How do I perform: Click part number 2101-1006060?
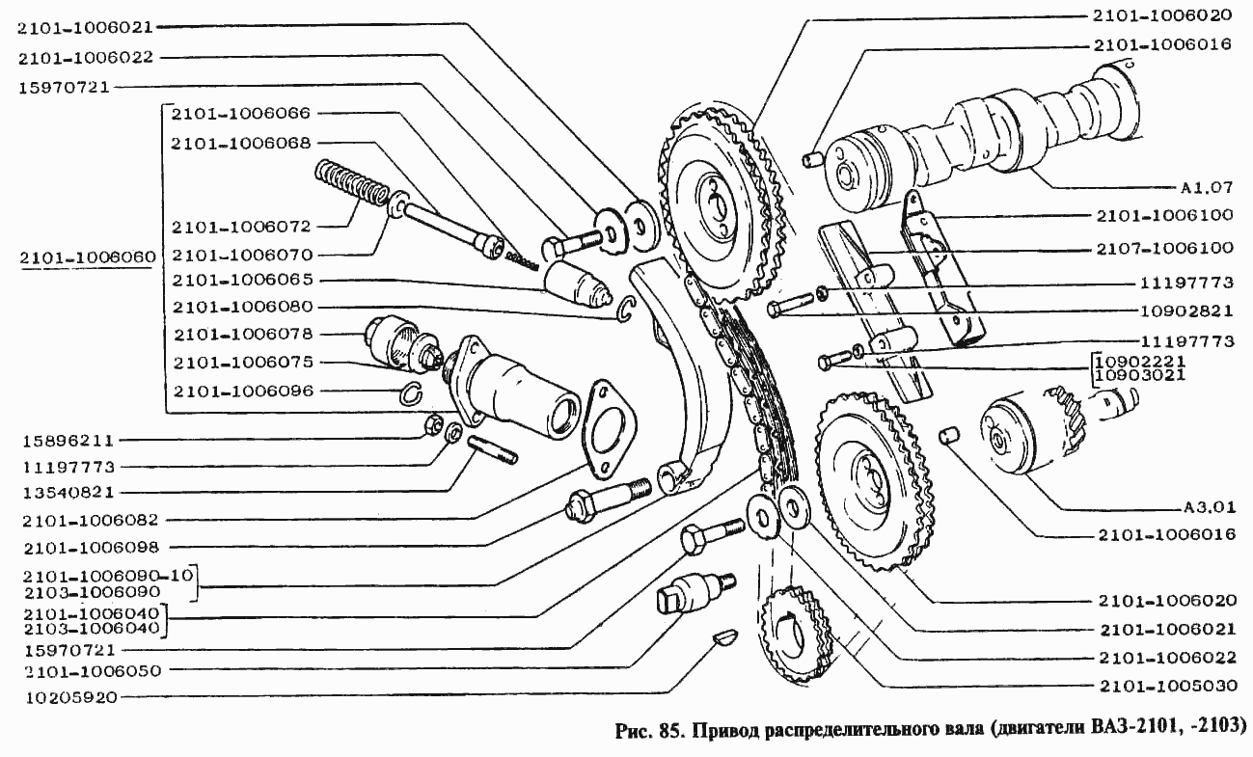click(x=87, y=257)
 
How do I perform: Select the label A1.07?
click(x=1207, y=187)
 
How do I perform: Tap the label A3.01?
click(x=1209, y=507)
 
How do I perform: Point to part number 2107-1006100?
click(x=1164, y=248)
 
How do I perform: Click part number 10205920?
click(x=71, y=698)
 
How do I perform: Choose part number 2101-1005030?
click(x=1168, y=686)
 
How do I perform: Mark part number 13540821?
click(x=68, y=493)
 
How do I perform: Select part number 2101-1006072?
click(x=240, y=227)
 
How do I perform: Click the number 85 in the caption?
click(x=671, y=730)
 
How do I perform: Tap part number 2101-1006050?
click(x=93, y=671)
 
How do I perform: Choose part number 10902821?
click(x=1186, y=311)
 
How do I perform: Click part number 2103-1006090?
click(x=92, y=591)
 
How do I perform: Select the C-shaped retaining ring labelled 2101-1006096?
click(x=414, y=393)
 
